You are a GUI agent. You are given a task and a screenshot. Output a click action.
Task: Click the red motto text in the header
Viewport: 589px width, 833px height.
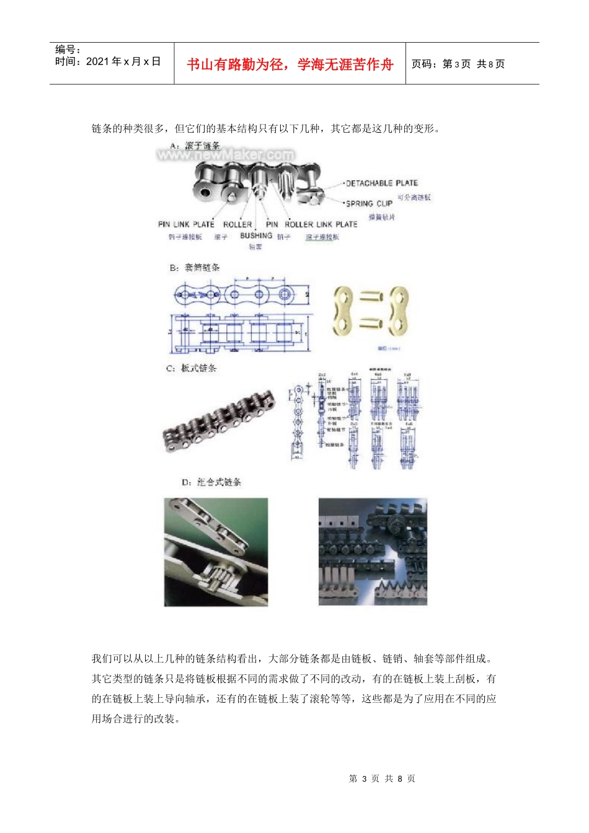click(290, 64)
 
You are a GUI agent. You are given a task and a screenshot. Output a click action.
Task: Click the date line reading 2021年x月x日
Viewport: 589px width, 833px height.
click(108, 61)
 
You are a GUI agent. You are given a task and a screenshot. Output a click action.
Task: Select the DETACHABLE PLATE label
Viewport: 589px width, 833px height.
click(381, 183)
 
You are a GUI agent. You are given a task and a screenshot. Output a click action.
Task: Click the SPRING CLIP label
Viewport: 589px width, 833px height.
click(369, 203)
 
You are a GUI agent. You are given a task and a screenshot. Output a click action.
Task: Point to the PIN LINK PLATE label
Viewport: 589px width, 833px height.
click(186, 224)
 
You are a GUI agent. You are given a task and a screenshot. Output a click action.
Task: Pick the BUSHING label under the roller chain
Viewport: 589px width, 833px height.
click(256, 236)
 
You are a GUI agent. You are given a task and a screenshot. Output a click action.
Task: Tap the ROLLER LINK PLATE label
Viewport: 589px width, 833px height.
click(321, 224)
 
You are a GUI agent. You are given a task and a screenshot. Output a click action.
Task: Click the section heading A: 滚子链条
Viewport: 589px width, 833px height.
click(195, 146)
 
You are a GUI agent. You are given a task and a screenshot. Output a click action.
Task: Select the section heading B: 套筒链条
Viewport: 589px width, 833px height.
click(195, 268)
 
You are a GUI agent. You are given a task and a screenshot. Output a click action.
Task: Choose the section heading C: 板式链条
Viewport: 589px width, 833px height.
click(192, 368)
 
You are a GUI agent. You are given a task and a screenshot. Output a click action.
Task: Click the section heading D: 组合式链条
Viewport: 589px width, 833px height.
click(211, 482)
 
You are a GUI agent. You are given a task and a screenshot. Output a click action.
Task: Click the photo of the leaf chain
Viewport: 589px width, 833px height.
click(219, 420)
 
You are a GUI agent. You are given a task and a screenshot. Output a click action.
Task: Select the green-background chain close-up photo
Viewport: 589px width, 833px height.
click(216, 552)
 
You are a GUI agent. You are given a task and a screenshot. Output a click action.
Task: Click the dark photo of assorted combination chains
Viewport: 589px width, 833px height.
click(373, 552)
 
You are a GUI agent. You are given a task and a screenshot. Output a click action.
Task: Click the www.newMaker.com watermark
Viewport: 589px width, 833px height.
click(226, 154)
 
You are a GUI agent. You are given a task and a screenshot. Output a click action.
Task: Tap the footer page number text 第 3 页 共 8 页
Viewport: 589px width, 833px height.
click(382, 778)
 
